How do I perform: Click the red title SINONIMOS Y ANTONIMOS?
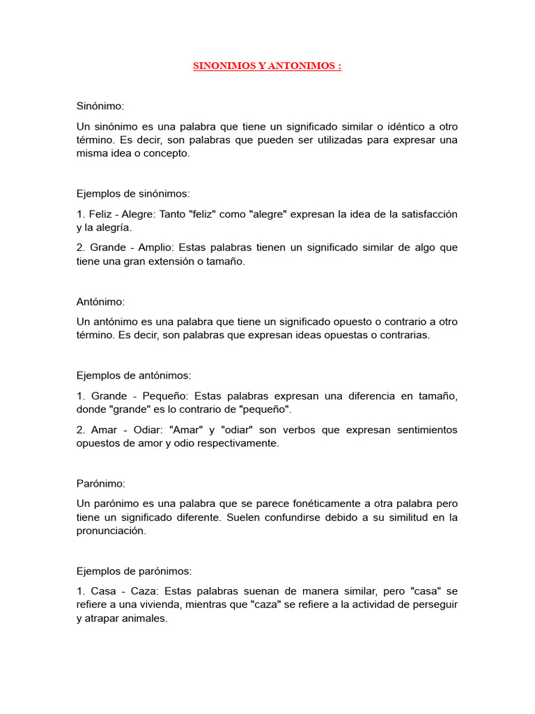(267, 66)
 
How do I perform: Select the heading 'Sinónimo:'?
(100, 106)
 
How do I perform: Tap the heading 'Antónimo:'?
(101, 302)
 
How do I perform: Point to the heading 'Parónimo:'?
(101, 483)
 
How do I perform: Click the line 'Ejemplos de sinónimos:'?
(132, 194)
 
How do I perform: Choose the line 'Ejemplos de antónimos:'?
(133, 375)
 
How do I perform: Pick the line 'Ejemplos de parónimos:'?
(133, 570)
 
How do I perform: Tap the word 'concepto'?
(166, 153)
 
